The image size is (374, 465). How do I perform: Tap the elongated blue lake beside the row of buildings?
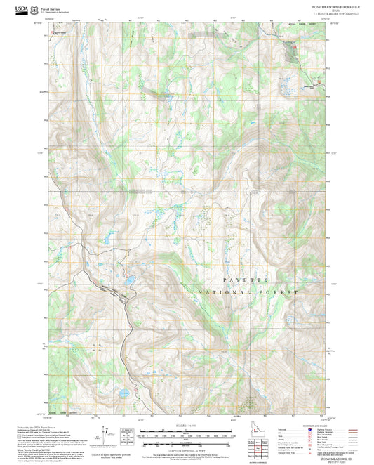pos(130,281)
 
